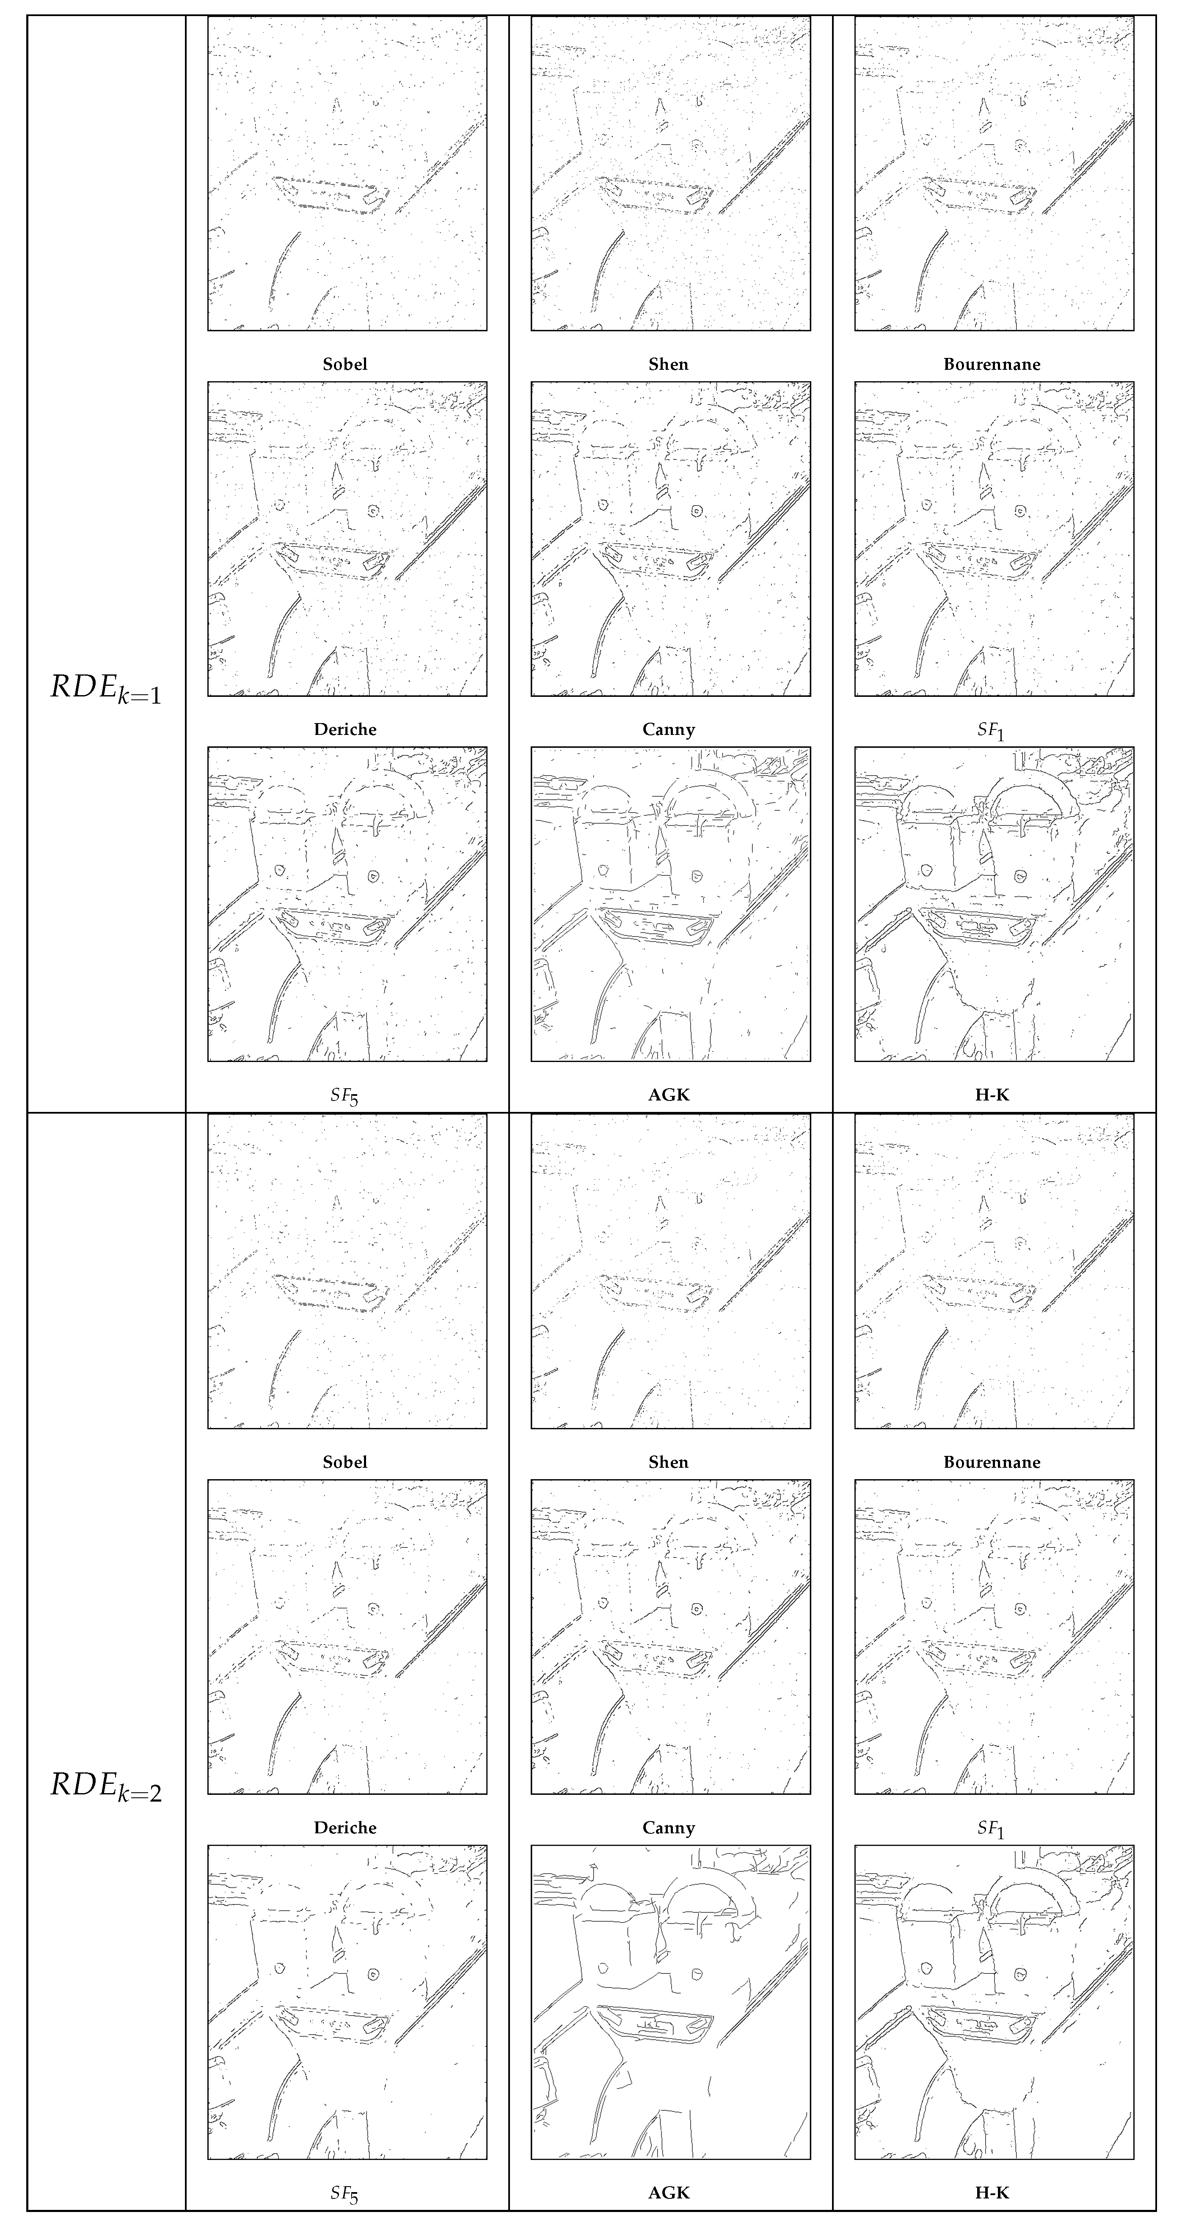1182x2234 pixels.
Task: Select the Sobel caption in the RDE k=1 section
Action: point(345,364)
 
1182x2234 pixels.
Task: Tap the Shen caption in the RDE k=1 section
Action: point(669,364)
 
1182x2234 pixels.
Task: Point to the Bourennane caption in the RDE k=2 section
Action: point(992,1462)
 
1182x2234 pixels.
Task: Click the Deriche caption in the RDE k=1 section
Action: point(345,729)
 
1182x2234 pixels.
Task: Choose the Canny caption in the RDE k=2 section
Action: point(669,1827)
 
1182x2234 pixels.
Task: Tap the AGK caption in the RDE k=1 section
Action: point(669,1095)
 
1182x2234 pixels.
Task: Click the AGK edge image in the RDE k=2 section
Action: point(670,2003)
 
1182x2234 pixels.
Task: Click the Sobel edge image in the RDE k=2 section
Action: point(347,1271)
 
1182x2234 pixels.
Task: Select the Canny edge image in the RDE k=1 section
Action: point(670,539)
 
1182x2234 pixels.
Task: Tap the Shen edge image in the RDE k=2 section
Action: point(670,1271)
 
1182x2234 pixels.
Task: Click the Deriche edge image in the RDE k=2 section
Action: point(347,1637)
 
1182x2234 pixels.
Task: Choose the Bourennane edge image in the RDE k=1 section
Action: point(994,173)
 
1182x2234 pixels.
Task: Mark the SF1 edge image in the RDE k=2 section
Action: point(994,1637)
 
